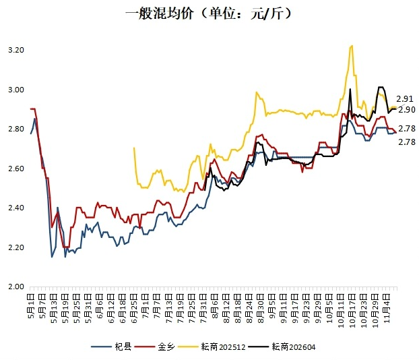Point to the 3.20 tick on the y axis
tap(15, 51)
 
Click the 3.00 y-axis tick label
tap(15, 90)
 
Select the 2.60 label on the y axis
tap(15, 169)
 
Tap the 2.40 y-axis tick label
tap(15, 208)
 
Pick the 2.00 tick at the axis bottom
tap(15, 287)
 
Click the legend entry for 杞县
tap(112, 347)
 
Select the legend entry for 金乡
tap(158, 347)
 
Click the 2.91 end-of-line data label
tap(406, 98)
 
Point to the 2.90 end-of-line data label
tap(406, 109)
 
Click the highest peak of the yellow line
tap(352, 46)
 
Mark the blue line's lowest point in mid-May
tap(52, 257)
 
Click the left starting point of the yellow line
tap(135, 148)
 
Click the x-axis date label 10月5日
tap(329, 308)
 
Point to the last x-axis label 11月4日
tap(387, 308)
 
